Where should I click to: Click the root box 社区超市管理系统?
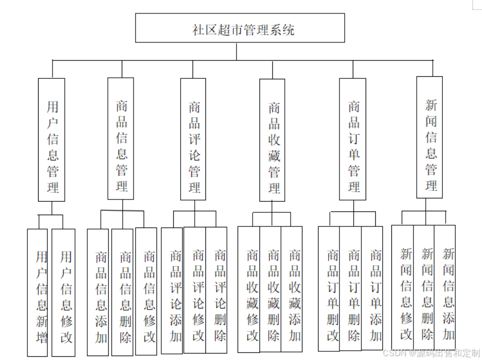240,28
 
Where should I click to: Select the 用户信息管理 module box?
51,140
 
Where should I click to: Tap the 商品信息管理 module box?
121,139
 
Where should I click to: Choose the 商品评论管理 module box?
193,139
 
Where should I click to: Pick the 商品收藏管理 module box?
272,140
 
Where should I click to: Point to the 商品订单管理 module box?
353,139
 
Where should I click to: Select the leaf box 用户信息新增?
38,293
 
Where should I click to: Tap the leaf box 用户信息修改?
63,293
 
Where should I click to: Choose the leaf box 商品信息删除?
122,293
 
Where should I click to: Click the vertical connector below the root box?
236,51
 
